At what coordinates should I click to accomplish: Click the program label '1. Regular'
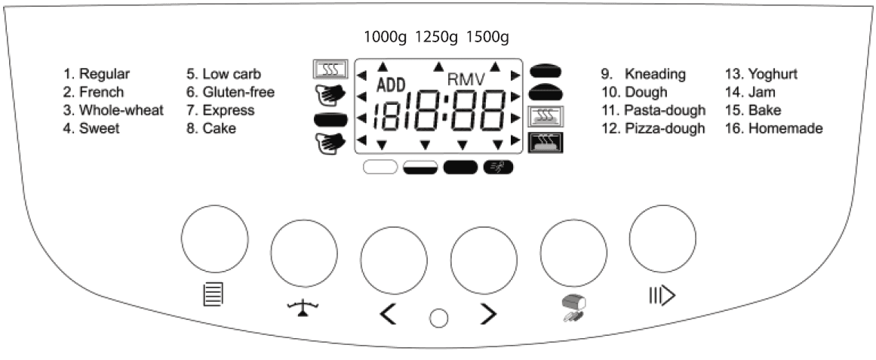97,74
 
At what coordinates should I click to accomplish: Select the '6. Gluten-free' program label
230,92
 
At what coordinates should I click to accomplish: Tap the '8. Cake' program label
211,128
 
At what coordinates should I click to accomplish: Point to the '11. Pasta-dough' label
653,110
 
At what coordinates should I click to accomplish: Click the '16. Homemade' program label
774,128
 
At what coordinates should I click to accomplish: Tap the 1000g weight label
386,36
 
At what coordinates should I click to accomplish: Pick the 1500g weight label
488,36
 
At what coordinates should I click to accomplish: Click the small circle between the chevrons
438,318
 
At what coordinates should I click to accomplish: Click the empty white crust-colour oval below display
381,167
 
